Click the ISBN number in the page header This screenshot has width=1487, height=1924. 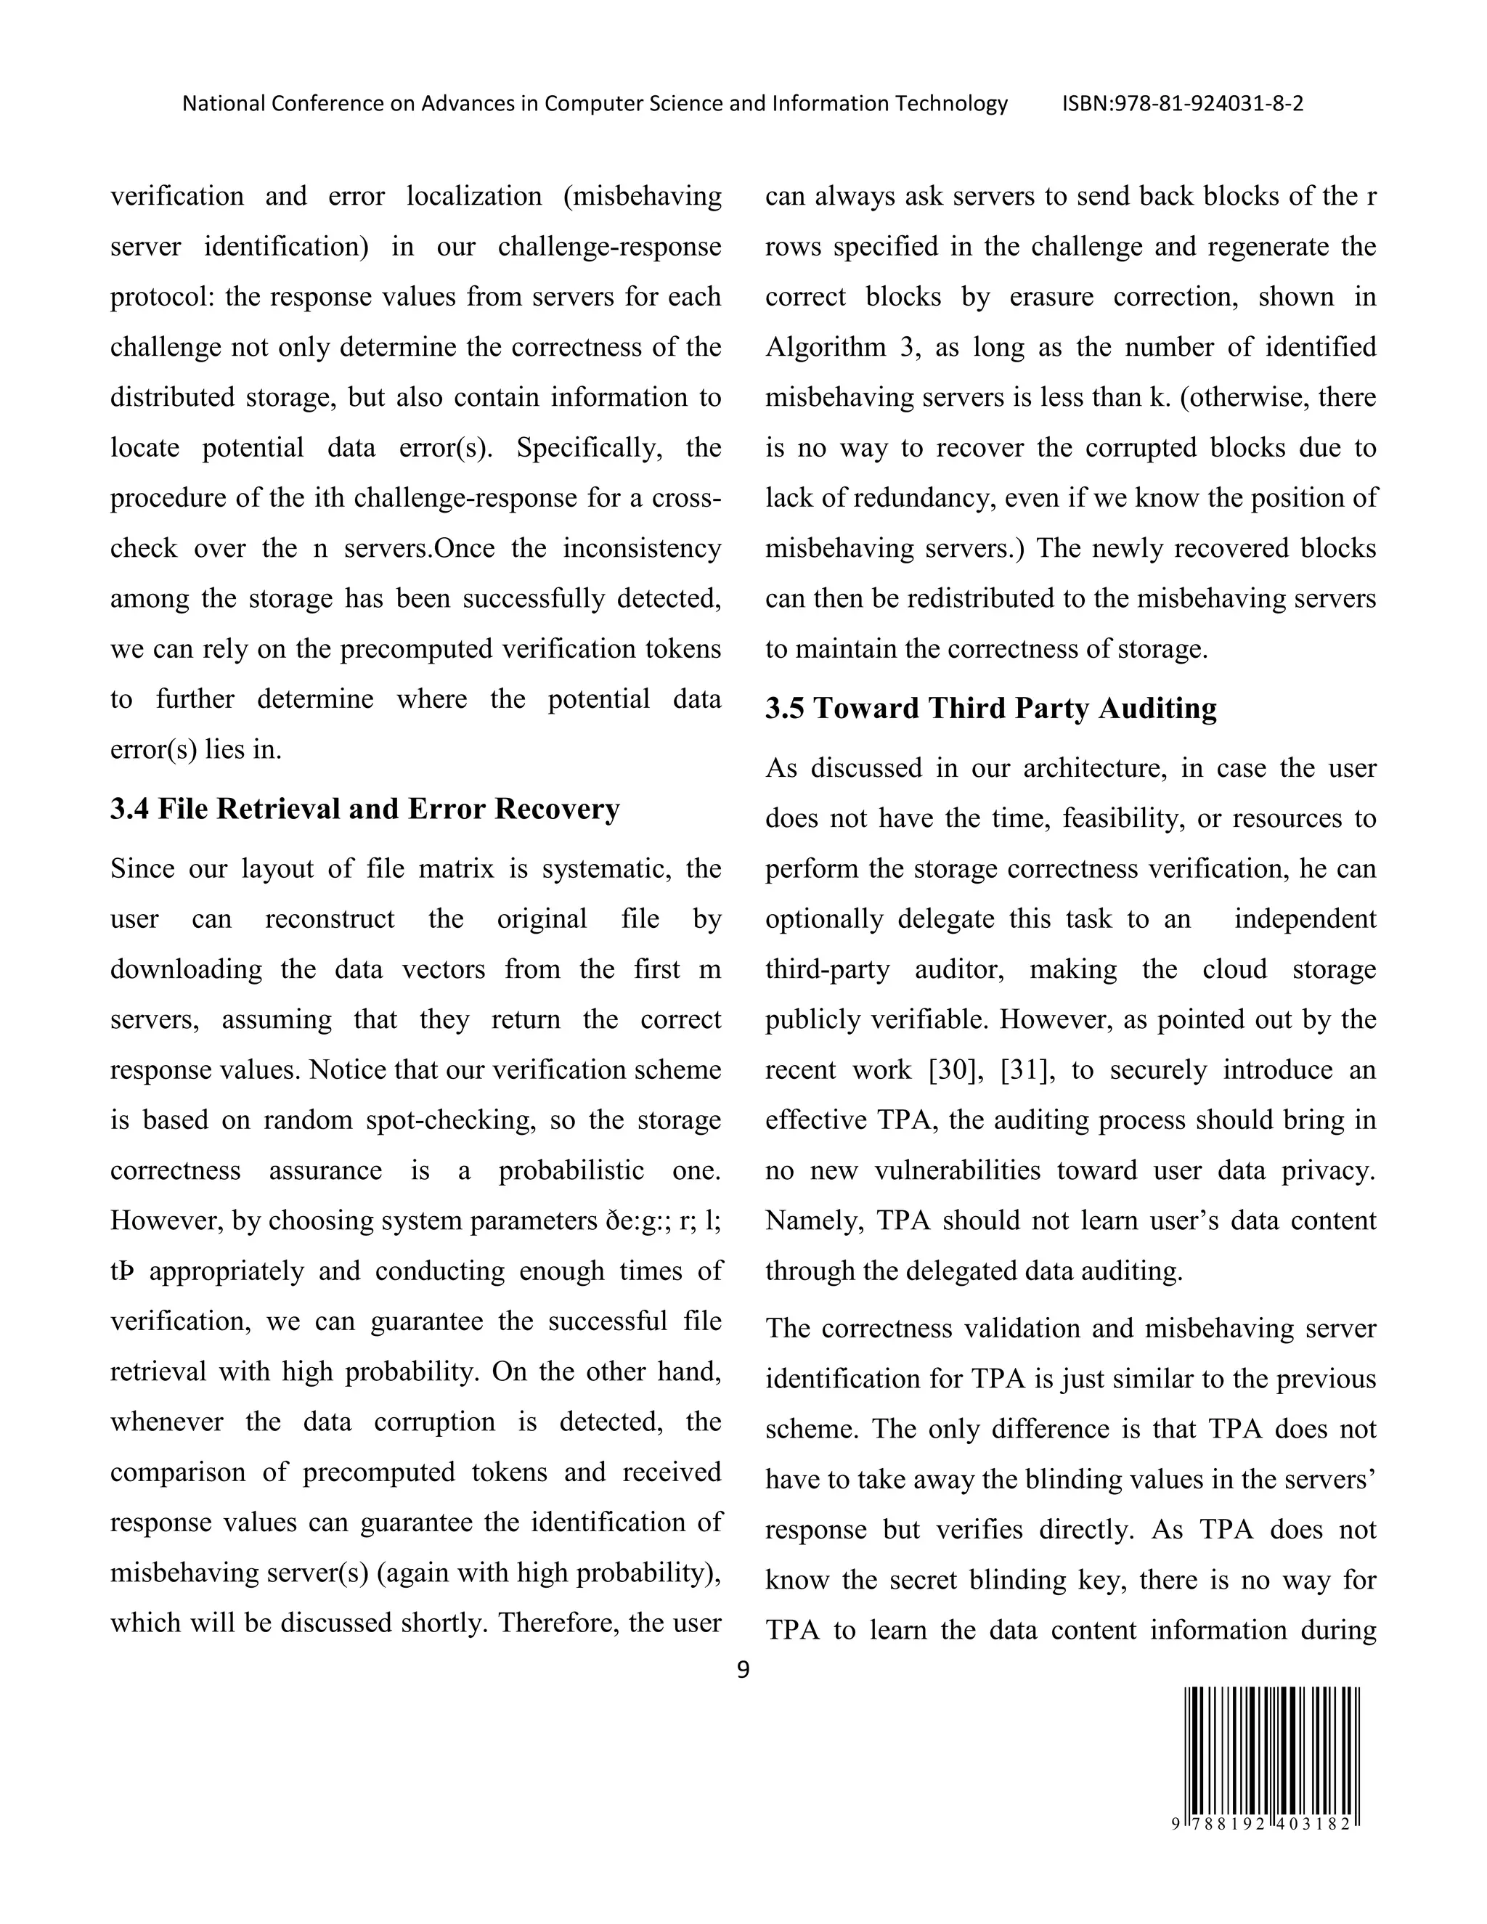coord(1182,104)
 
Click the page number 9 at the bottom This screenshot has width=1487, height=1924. coord(743,1669)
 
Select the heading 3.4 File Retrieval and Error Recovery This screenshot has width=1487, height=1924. coord(364,809)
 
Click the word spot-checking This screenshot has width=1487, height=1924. coord(450,1120)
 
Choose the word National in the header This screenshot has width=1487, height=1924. coord(223,104)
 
